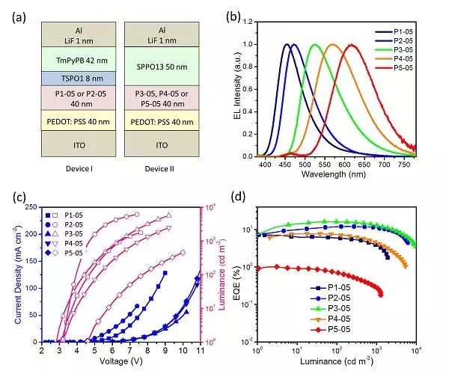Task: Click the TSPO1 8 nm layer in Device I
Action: coord(66,77)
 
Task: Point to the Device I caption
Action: coord(66,169)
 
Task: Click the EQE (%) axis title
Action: coord(241,271)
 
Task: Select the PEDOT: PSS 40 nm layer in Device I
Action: coord(66,120)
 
